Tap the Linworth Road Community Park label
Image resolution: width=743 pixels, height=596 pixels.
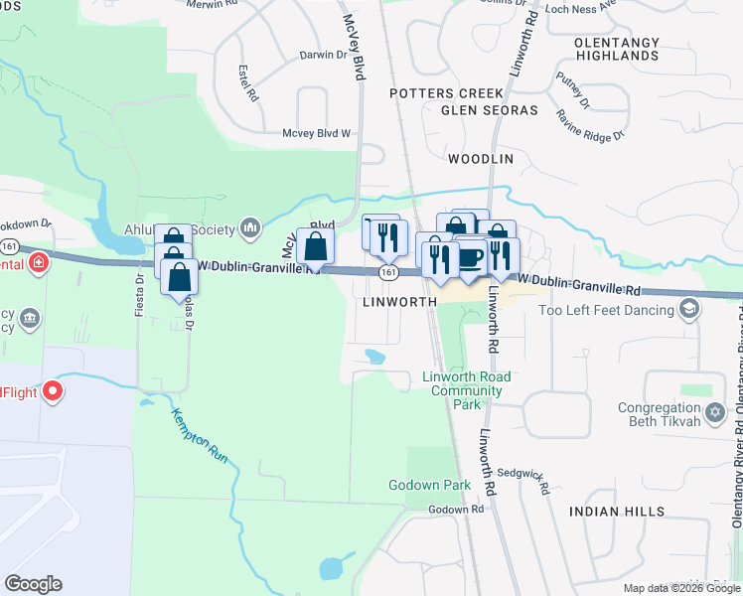click(466, 390)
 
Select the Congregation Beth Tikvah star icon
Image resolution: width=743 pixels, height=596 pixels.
click(714, 411)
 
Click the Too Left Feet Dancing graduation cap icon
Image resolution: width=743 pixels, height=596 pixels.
click(686, 310)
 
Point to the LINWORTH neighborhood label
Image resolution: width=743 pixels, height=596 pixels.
click(400, 300)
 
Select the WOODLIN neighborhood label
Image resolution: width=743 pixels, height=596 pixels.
click(480, 159)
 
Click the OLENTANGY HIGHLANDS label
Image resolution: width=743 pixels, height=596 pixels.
click(616, 49)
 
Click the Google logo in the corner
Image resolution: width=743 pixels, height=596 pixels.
click(33, 584)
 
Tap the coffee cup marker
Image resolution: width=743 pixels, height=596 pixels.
click(470, 257)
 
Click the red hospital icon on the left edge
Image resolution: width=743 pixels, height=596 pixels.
click(38, 263)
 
